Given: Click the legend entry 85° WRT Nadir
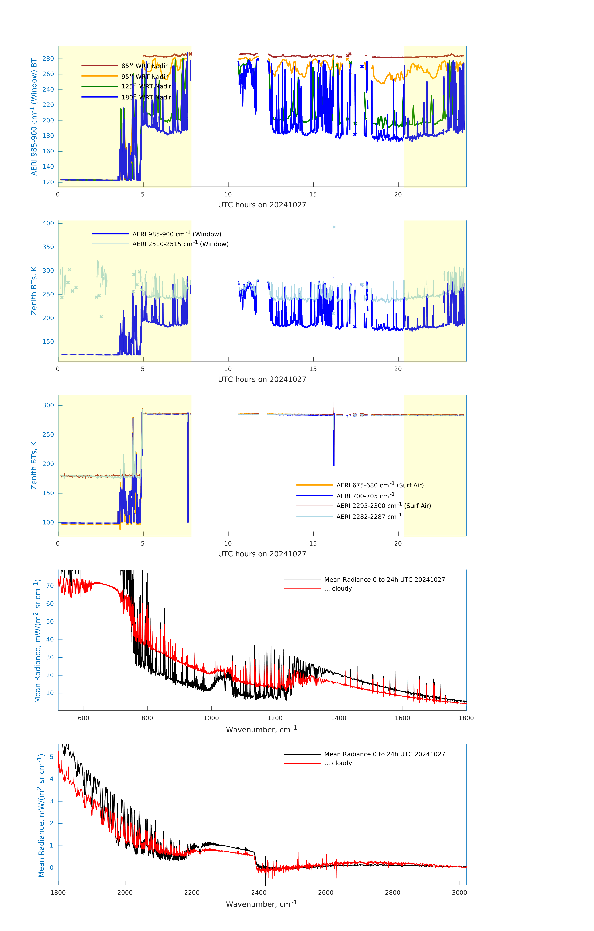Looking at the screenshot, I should click(144, 66).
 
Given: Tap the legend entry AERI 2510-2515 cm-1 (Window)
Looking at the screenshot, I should click(180, 244).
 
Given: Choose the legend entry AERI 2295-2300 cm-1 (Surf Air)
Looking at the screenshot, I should click(383, 506).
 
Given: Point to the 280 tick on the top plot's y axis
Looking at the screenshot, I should click(48, 59).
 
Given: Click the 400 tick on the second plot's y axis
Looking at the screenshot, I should click(48, 223).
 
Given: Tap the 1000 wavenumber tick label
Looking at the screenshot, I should click(211, 718).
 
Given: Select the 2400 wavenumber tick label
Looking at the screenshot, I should click(259, 893).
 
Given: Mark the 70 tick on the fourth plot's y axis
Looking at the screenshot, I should click(50, 586).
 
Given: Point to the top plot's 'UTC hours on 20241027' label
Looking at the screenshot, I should click(262, 205).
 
